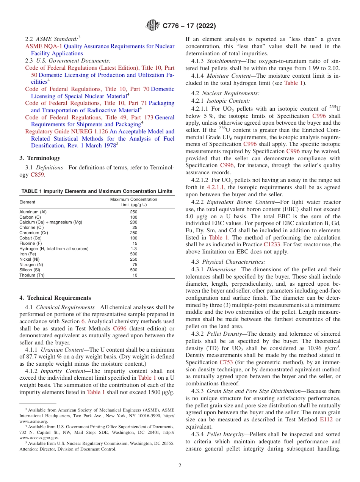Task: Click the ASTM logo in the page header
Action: (153, 26)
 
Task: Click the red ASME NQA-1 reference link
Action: (44, 46)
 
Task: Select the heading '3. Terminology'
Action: (40, 158)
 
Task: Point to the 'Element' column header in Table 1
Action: (27, 202)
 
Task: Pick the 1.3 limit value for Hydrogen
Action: (133, 249)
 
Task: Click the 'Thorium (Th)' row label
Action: (32, 275)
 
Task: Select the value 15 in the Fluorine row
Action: (135, 243)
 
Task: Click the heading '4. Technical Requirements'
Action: (55, 298)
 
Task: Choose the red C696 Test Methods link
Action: (120, 329)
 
